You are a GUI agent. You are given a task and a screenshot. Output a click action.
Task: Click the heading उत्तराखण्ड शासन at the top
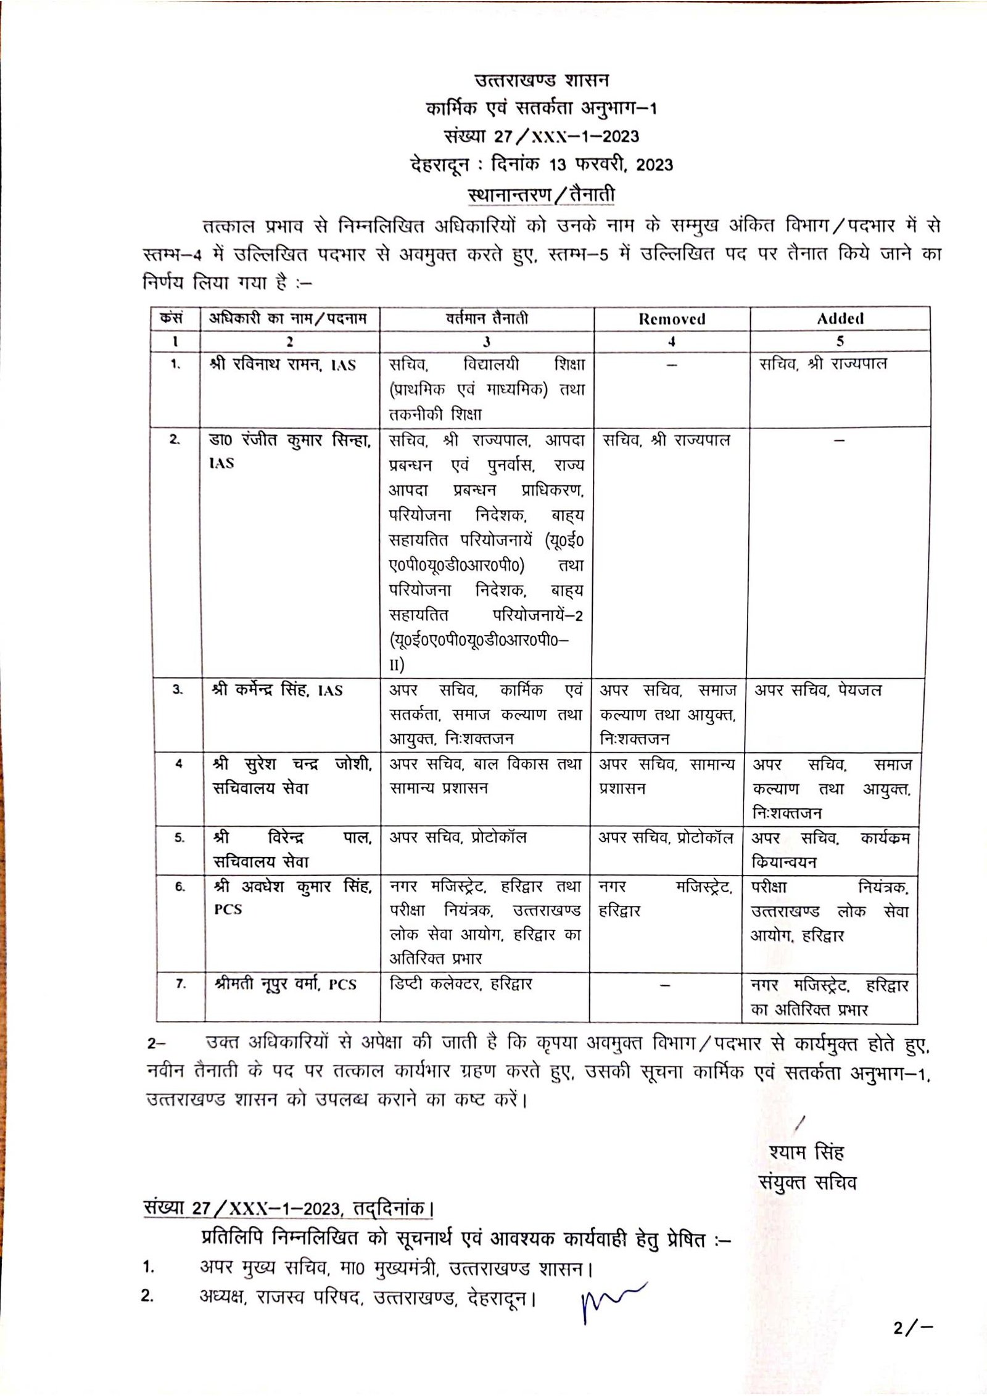coord(541,81)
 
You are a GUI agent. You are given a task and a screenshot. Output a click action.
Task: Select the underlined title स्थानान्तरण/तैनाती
coord(541,195)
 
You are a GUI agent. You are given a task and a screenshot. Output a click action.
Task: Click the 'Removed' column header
coord(672,319)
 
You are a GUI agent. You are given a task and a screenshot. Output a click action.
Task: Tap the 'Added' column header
coord(840,319)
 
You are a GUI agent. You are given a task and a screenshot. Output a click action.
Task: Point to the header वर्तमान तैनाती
coord(487,318)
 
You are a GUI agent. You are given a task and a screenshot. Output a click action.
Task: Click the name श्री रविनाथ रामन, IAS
coord(283,364)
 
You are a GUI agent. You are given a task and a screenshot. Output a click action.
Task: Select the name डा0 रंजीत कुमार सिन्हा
coord(290,440)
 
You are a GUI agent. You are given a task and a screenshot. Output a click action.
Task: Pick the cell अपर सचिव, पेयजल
coord(818,690)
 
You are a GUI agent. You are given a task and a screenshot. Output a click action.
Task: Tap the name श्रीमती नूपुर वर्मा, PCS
coord(286,984)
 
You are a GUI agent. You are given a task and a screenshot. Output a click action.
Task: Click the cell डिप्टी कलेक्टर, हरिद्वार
coord(460,983)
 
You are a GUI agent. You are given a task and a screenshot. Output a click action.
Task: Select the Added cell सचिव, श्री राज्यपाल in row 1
coord(823,364)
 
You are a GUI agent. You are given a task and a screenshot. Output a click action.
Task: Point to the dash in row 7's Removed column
coord(665,985)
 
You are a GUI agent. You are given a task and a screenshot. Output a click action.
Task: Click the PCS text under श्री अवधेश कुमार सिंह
coord(228,909)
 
